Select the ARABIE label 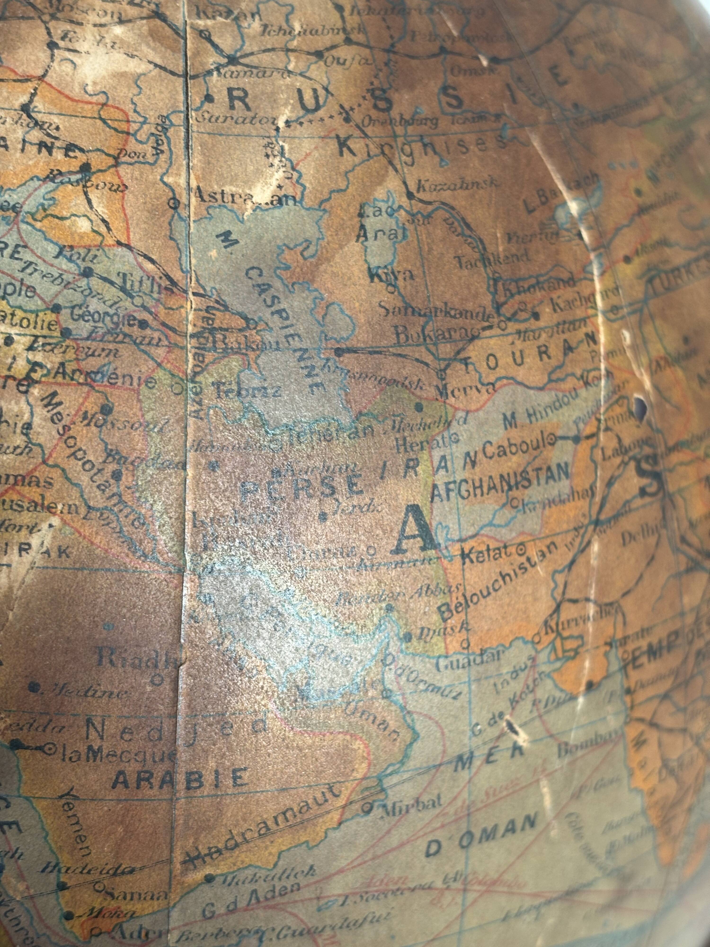coord(180,778)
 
